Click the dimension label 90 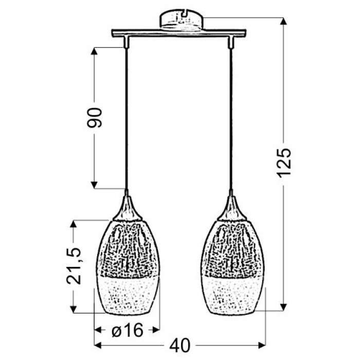[x=94, y=117]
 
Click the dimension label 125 [x=284, y=163]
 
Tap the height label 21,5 [x=74, y=266]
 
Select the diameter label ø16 [x=128, y=330]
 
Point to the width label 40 [x=180, y=345]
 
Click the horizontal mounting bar [x=179, y=33]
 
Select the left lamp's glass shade [x=128, y=267]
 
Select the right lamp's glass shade [x=232, y=267]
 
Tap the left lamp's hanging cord [x=127, y=119]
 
